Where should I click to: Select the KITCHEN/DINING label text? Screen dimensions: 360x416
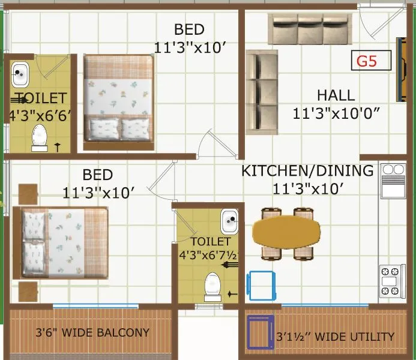(307, 170)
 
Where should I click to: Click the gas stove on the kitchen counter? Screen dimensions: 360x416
(392, 278)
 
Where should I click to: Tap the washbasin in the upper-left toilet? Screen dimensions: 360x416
(21, 74)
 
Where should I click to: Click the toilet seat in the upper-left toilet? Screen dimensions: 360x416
(40, 137)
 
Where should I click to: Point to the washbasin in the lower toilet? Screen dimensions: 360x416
(229, 221)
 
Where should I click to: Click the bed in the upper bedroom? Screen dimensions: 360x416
(118, 103)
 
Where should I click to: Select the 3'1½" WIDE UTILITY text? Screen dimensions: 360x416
(335, 337)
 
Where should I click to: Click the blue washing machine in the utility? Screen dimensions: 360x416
(260, 332)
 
